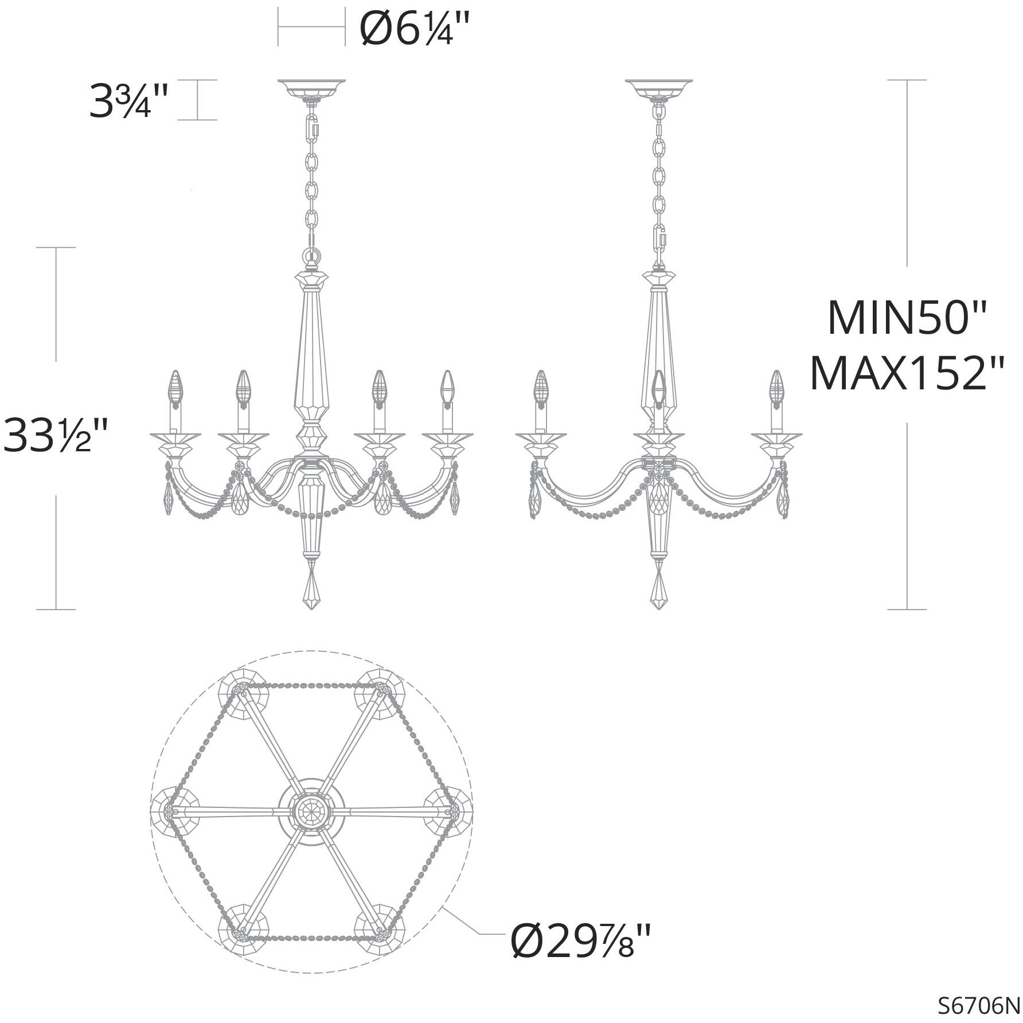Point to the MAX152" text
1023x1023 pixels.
907,373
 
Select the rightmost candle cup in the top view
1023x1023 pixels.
451,810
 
